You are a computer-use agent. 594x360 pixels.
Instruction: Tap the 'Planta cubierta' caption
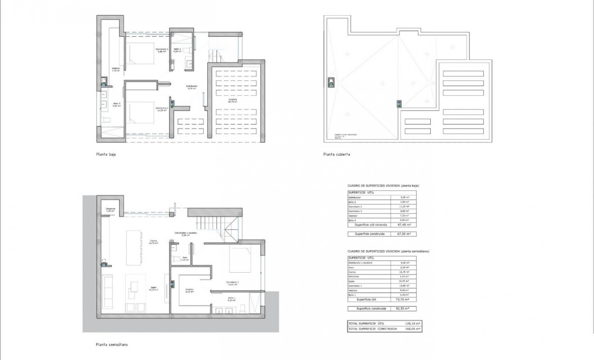click(x=336, y=154)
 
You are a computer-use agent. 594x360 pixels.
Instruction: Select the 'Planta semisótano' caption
click(x=112, y=345)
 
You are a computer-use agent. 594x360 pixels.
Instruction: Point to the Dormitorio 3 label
click(x=162, y=50)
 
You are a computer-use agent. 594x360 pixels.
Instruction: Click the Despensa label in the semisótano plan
click(x=111, y=209)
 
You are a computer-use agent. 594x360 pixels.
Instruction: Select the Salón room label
click(x=153, y=288)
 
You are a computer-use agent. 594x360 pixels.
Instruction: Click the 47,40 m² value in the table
click(x=405, y=225)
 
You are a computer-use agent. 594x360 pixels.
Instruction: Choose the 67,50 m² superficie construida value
click(x=405, y=234)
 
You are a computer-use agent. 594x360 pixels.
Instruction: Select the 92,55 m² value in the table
click(x=405, y=309)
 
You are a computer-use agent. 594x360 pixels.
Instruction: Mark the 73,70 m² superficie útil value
click(x=405, y=299)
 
